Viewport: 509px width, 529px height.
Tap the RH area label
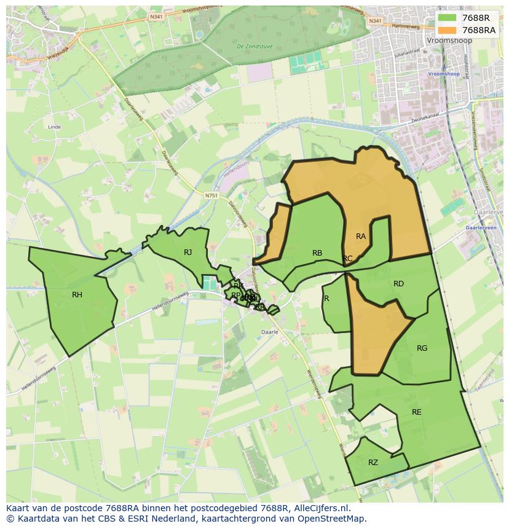click(77, 295)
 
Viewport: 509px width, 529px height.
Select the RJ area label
click(188, 252)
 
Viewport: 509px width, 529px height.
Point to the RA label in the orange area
click(361, 236)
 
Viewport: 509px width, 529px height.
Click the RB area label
click(317, 253)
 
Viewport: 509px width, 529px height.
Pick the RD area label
click(398, 283)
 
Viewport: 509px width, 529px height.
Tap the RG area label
click(422, 348)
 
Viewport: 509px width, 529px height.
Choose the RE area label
click(417, 412)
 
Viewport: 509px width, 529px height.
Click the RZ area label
click(373, 463)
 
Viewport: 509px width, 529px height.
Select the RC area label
click(348, 259)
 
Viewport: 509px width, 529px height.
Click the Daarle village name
click(270, 332)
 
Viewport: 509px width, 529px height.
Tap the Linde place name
click(54, 127)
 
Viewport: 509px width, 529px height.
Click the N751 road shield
click(212, 195)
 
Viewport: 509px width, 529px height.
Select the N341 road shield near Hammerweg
click(376, 21)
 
